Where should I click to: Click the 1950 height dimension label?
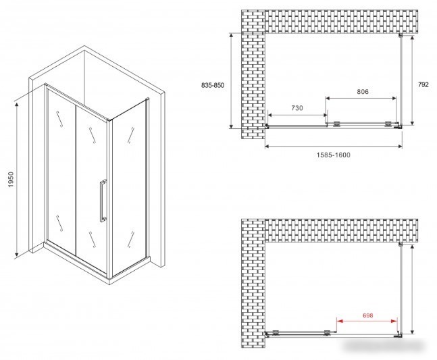point(11,180)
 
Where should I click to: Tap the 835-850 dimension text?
point(213,85)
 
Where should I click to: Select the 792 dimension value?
point(423,84)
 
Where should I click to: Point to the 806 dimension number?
point(363,91)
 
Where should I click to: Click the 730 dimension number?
point(297,108)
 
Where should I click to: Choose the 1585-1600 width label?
point(334,155)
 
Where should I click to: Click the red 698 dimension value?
point(368,315)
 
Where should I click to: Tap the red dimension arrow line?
point(367,322)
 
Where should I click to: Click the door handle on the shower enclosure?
point(103,201)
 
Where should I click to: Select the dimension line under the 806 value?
point(361,98)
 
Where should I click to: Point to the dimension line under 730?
point(297,115)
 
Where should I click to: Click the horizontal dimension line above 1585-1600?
point(334,146)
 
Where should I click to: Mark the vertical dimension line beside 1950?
point(17,180)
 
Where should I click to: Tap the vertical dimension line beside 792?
point(412,80)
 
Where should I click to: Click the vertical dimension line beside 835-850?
point(231,80)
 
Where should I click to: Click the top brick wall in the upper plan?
point(341,22)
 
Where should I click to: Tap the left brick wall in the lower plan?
point(253,284)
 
